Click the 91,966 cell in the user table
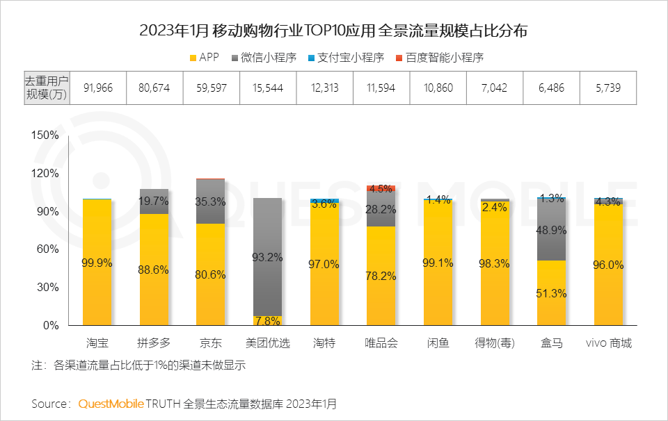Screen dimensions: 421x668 [97, 88]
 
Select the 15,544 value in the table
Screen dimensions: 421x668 [267, 88]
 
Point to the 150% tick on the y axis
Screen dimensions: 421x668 [46, 135]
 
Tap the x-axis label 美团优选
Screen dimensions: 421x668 [268, 343]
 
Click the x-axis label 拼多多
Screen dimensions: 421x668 [154, 343]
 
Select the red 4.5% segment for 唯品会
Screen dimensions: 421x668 [381, 188]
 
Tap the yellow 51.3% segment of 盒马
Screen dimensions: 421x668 [551, 293]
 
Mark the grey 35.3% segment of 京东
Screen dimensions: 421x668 [210, 201]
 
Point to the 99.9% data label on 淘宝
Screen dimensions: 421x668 [97, 263]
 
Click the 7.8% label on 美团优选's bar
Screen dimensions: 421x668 [268, 321]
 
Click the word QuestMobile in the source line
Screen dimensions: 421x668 [111, 404]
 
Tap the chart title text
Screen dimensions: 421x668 [333, 31]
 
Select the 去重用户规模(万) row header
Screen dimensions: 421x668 [47, 88]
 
